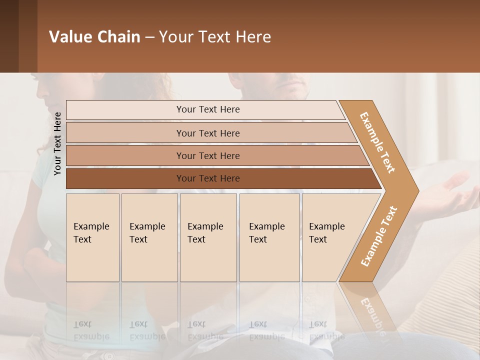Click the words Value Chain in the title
click(94, 37)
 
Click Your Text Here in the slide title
click(215, 37)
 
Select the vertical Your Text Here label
click(57, 143)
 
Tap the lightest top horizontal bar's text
click(208, 109)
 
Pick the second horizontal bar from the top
click(208, 133)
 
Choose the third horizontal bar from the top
click(208, 155)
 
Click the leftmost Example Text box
click(92, 237)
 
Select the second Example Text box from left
click(149, 237)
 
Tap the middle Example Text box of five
click(208, 237)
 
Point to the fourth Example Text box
click(269, 237)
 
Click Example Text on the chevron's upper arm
click(377, 142)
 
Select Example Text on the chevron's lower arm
click(379, 236)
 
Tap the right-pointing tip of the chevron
click(414, 190)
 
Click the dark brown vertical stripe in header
click(27, 36)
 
